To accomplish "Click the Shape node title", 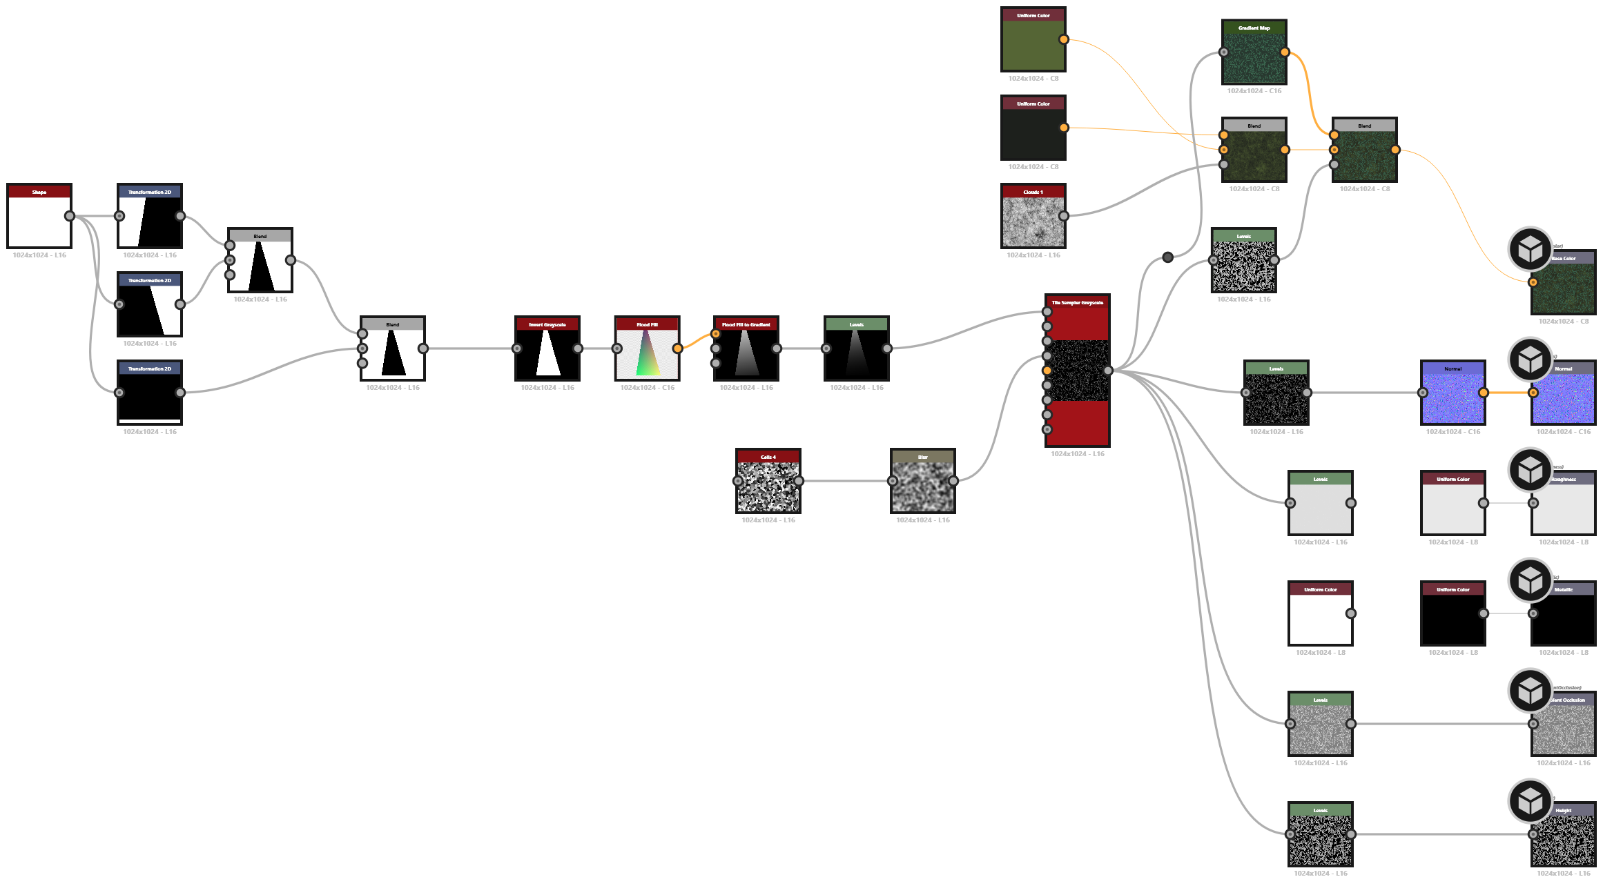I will point(39,192).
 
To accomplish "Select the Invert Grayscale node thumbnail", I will point(547,353).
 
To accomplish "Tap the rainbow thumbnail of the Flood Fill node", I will point(647,353).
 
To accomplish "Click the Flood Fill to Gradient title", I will point(746,324).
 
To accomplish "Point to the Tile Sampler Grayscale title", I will point(1077,302).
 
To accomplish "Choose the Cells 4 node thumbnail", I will point(768,487).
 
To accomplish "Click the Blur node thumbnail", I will point(922,487).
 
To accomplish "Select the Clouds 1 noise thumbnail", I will point(1033,221).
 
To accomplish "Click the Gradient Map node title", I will point(1254,28).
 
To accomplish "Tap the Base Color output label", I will point(1564,258).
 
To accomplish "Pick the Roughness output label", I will point(1564,479).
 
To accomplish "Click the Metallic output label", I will point(1564,589).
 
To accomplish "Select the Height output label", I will point(1564,810).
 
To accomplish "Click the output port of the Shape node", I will point(70,216).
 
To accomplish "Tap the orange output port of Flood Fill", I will point(677,348).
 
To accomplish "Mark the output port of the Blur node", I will point(953,481).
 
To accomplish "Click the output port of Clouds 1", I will point(1064,216).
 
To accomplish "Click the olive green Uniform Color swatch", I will point(1033,46).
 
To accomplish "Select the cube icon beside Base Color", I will point(1531,250).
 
